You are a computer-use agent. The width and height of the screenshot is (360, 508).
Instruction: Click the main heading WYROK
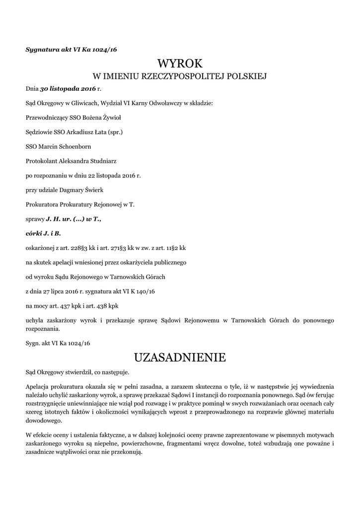(x=180, y=63)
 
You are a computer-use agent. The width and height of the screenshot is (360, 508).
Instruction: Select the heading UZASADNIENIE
(x=180, y=357)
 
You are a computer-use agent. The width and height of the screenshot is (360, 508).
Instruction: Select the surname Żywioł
(x=110, y=118)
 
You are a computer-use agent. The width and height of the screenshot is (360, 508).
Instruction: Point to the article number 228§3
(x=78, y=247)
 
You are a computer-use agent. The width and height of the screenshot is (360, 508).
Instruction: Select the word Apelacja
(x=39, y=386)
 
